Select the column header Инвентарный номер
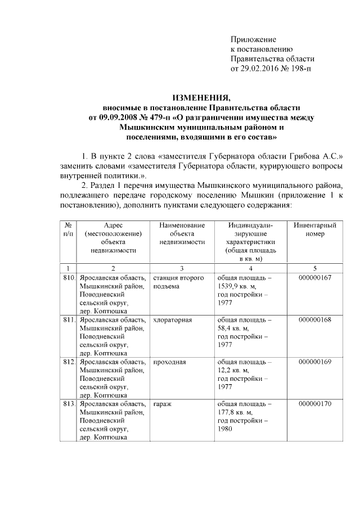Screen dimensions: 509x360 [x=315, y=229]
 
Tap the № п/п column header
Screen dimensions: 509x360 [x=68, y=229]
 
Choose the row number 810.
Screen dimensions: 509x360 [x=69, y=278]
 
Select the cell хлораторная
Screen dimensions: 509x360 [x=173, y=320]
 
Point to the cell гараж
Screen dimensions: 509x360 [x=162, y=404]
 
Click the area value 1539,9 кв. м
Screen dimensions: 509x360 [x=236, y=286]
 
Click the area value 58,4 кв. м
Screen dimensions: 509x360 [x=233, y=328]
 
